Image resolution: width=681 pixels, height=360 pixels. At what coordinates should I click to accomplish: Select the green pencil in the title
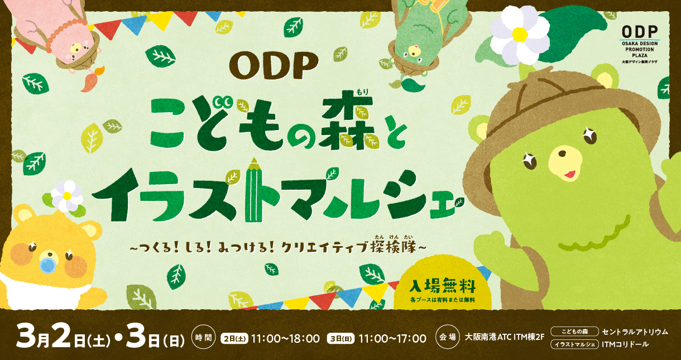(x=253, y=189)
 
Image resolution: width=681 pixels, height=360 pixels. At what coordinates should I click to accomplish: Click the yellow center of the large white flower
(x=520, y=35)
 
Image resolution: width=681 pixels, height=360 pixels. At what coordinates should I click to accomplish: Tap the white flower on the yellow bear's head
(x=67, y=196)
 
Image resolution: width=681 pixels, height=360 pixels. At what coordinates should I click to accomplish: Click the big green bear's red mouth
(x=567, y=175)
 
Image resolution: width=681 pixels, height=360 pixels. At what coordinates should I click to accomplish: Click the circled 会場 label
(x=447, y=337)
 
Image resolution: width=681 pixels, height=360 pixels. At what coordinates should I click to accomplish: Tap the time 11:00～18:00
(x=285, y=338)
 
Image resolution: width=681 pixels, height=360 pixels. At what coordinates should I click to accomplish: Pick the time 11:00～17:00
(x=392, y=338)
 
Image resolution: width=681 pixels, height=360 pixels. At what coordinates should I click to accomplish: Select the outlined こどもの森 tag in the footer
(x=574, y=332)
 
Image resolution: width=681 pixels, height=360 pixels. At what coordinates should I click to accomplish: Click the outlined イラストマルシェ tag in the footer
(x=574, y=344)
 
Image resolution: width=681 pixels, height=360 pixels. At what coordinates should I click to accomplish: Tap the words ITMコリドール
(x=625, y=344)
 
